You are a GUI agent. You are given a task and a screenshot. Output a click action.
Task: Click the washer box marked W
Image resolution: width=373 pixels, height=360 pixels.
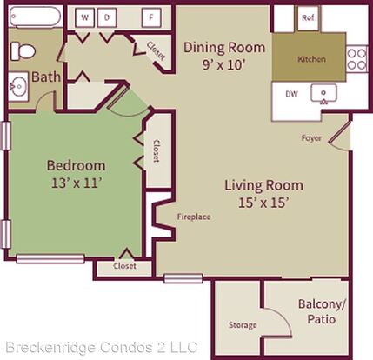click(84, 17)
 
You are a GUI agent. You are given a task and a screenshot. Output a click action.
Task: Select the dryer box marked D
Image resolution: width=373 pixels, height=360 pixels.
click(107, 17)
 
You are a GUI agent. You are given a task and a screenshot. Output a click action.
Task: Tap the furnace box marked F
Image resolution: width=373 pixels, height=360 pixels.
click(151, 17)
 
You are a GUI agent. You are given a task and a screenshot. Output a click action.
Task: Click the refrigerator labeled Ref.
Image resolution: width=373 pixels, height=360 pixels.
click(308, 18)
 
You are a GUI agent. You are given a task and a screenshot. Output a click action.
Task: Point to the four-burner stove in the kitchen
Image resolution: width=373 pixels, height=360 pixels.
click(356, 59)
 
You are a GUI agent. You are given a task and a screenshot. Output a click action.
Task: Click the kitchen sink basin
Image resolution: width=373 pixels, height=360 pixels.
click(323, 93)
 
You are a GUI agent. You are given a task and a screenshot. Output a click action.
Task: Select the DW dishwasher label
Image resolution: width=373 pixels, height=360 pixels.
click(291, 94)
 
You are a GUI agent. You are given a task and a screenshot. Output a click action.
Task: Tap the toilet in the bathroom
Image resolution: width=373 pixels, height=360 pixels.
click(23, 51)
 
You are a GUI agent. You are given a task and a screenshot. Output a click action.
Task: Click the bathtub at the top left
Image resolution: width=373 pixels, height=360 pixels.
click(36, 17)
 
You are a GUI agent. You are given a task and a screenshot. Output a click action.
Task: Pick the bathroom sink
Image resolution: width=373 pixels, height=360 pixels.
click(18, 86)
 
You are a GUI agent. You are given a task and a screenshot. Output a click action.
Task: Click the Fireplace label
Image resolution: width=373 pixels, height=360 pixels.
click(194, 217)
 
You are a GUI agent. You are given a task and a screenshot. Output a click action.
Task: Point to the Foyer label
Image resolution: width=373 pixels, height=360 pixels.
click(311, 138)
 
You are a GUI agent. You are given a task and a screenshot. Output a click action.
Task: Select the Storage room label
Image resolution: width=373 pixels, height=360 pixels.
click(243, 325)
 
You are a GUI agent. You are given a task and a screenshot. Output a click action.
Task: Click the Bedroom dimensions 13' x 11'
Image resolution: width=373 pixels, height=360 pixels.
click(77, 183)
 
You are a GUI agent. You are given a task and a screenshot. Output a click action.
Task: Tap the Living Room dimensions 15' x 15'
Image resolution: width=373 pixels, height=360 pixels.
click(263, 203)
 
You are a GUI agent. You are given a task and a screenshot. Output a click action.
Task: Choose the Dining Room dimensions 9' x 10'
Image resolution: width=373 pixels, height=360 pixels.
click(224, 65)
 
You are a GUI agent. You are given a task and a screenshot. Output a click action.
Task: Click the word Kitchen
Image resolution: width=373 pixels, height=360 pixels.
click(312, 59)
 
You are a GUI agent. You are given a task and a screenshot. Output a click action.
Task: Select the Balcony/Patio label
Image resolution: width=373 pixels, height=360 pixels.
click(322, 311)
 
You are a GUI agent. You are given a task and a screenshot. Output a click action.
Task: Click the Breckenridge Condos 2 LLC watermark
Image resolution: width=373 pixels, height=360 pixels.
click(102, 347)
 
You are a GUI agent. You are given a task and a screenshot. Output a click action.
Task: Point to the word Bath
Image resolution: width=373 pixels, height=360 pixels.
click(46, 77)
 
